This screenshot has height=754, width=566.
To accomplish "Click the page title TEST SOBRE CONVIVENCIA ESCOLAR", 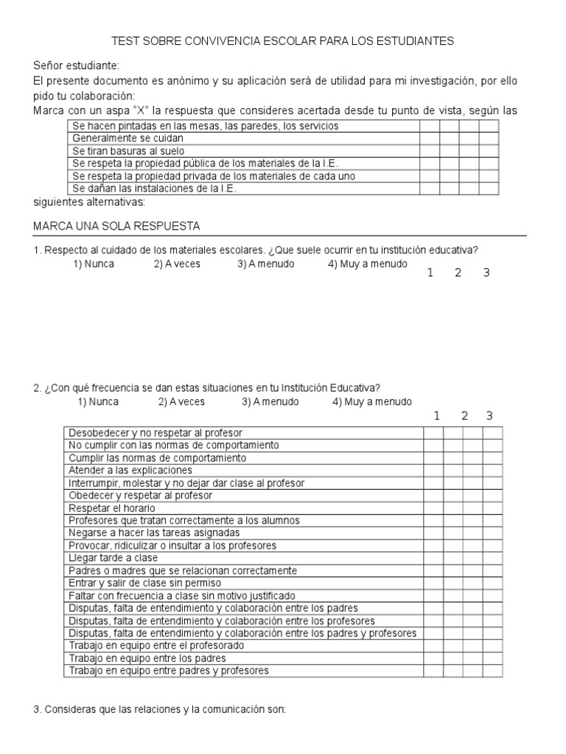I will (282, 41).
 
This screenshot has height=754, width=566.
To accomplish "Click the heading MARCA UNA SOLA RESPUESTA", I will (117, 225).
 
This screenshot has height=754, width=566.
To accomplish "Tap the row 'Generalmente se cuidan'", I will (127, 138).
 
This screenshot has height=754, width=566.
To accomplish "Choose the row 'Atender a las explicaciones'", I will (130, 470).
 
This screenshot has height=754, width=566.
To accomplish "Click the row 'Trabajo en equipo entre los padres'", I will (147, 658).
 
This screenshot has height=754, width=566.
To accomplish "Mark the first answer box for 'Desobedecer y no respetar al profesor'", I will (433, 433).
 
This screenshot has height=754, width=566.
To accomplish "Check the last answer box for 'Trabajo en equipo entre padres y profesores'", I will (493, 671).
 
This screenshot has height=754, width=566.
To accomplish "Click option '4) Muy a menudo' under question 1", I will (367, 264).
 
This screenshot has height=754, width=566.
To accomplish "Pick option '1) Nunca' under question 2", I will (98, 402).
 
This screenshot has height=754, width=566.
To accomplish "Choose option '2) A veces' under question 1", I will (177, 264).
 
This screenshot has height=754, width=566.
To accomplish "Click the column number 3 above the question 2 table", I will (489, 416).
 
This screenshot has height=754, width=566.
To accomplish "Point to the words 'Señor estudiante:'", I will (76, 66).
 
